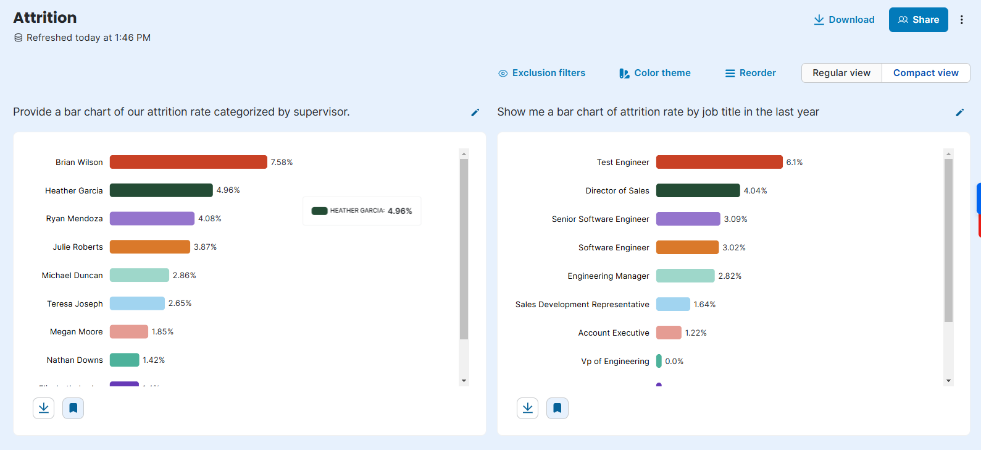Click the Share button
[x=918, y=20]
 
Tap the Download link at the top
[x=844, y=20]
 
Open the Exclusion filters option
[x=541, y=73]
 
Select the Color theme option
[x=655, y=73]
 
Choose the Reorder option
[x=750, y=73]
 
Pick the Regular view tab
[x=841, y=73]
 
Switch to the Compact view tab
[x=925, y=73]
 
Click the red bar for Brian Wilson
[x=188, y=162]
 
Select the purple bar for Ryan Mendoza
[x=152, y=218]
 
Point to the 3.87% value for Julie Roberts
[x=205, y=247]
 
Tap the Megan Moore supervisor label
[x=77, y=332]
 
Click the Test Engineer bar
[x=719, y=162]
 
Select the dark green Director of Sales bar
[x=698, y=190]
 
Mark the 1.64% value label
[x=704, y=304]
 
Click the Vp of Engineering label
[x=615, y=361]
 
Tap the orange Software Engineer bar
[x=687, y=247]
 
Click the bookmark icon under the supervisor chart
[x=73, y=408]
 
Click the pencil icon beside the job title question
[x=959, y=112]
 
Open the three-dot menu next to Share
[x=961, y=20]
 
